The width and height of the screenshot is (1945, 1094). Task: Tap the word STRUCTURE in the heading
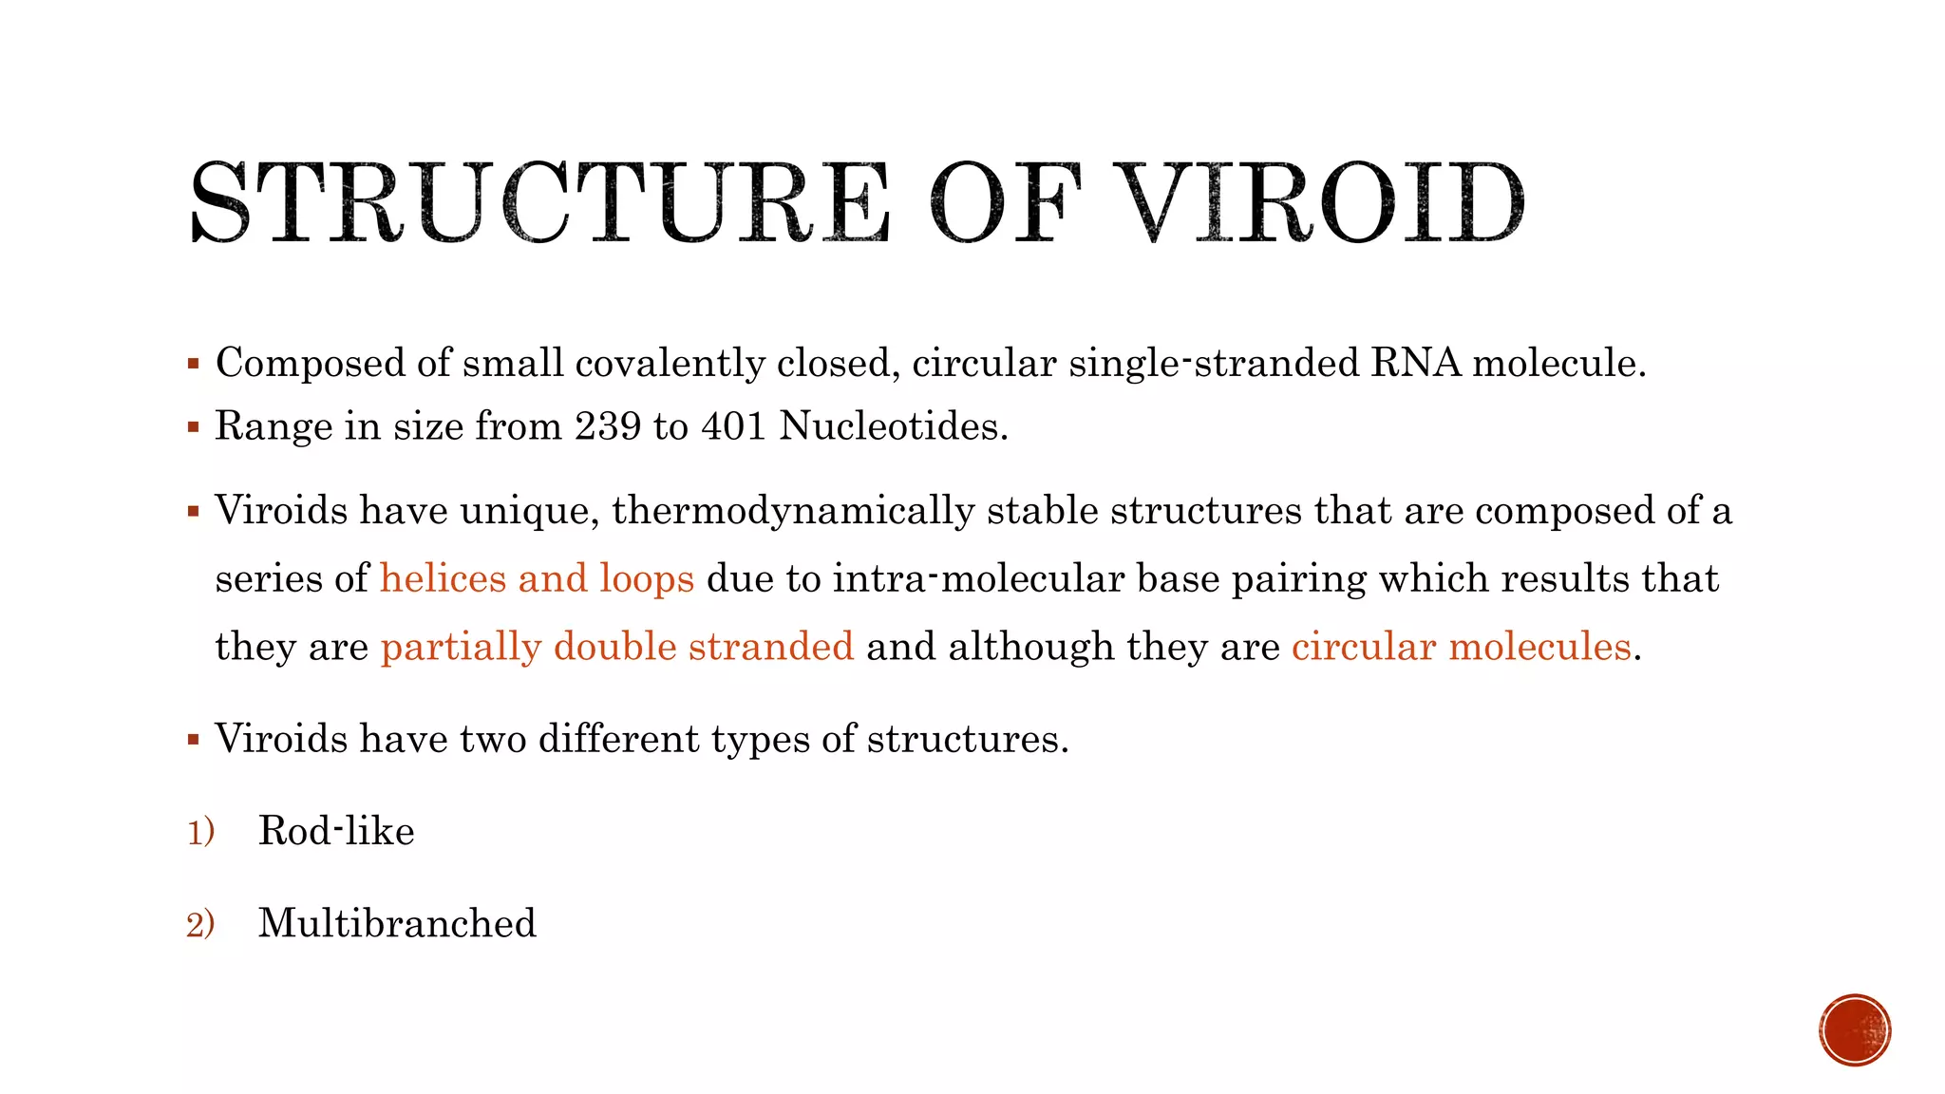(539, 202)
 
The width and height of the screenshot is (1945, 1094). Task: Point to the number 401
(734, 425)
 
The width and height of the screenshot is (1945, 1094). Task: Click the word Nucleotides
(893, 425)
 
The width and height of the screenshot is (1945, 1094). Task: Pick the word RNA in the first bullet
(1415, 363)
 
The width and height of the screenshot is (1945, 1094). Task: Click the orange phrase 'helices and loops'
(537, 578)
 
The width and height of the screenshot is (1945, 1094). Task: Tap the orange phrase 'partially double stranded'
(617, 647)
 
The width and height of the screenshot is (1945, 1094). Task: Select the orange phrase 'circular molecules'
(1461, 647)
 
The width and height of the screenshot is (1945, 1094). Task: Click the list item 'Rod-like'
(336, 831)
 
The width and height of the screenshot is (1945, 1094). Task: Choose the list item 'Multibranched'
(397, 923)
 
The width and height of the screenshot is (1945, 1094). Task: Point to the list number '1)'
(200, 832)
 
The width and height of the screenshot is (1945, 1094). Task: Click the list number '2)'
(200, 924)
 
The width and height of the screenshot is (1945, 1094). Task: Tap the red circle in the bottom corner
(1855, 1030)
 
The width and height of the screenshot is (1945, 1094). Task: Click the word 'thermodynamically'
(793, 511)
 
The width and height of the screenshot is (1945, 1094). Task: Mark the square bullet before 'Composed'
(194, 364)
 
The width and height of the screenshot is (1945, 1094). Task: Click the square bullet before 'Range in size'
(194, 426)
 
